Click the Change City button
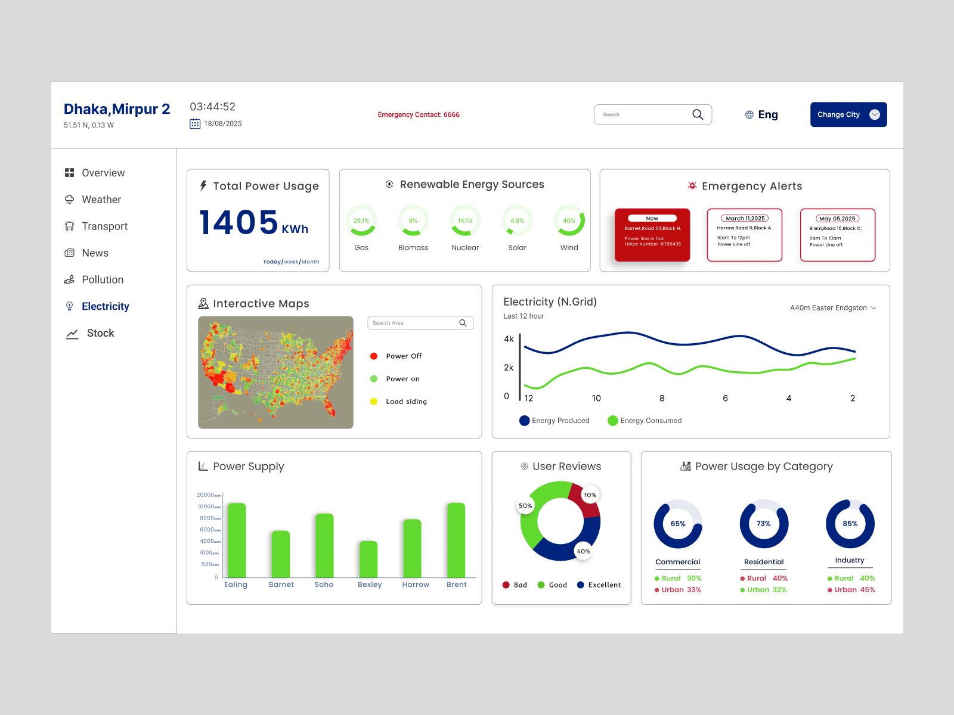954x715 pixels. coord(848,114)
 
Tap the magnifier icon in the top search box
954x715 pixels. coord(698,114)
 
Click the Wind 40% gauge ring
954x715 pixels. coord(569,220)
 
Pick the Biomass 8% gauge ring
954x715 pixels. coord(413,220)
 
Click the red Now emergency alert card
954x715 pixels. coord(652,235)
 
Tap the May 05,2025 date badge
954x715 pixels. coord(837,219)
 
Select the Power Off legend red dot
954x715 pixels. coord(374,356)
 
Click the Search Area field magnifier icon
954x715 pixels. coord(463,323)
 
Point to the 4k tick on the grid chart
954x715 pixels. coord(509,339)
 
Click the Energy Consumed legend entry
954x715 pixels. coord(645,421)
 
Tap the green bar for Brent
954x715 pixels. coord(456,540)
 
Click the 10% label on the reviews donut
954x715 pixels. coord(590,495)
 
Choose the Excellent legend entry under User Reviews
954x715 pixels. coord(599,585)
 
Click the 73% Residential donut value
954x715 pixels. coord(764,524)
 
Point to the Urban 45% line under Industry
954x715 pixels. coord(851,590)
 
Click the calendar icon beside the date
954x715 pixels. coord(195,124)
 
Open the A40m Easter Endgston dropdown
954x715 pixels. coord(833,308)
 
